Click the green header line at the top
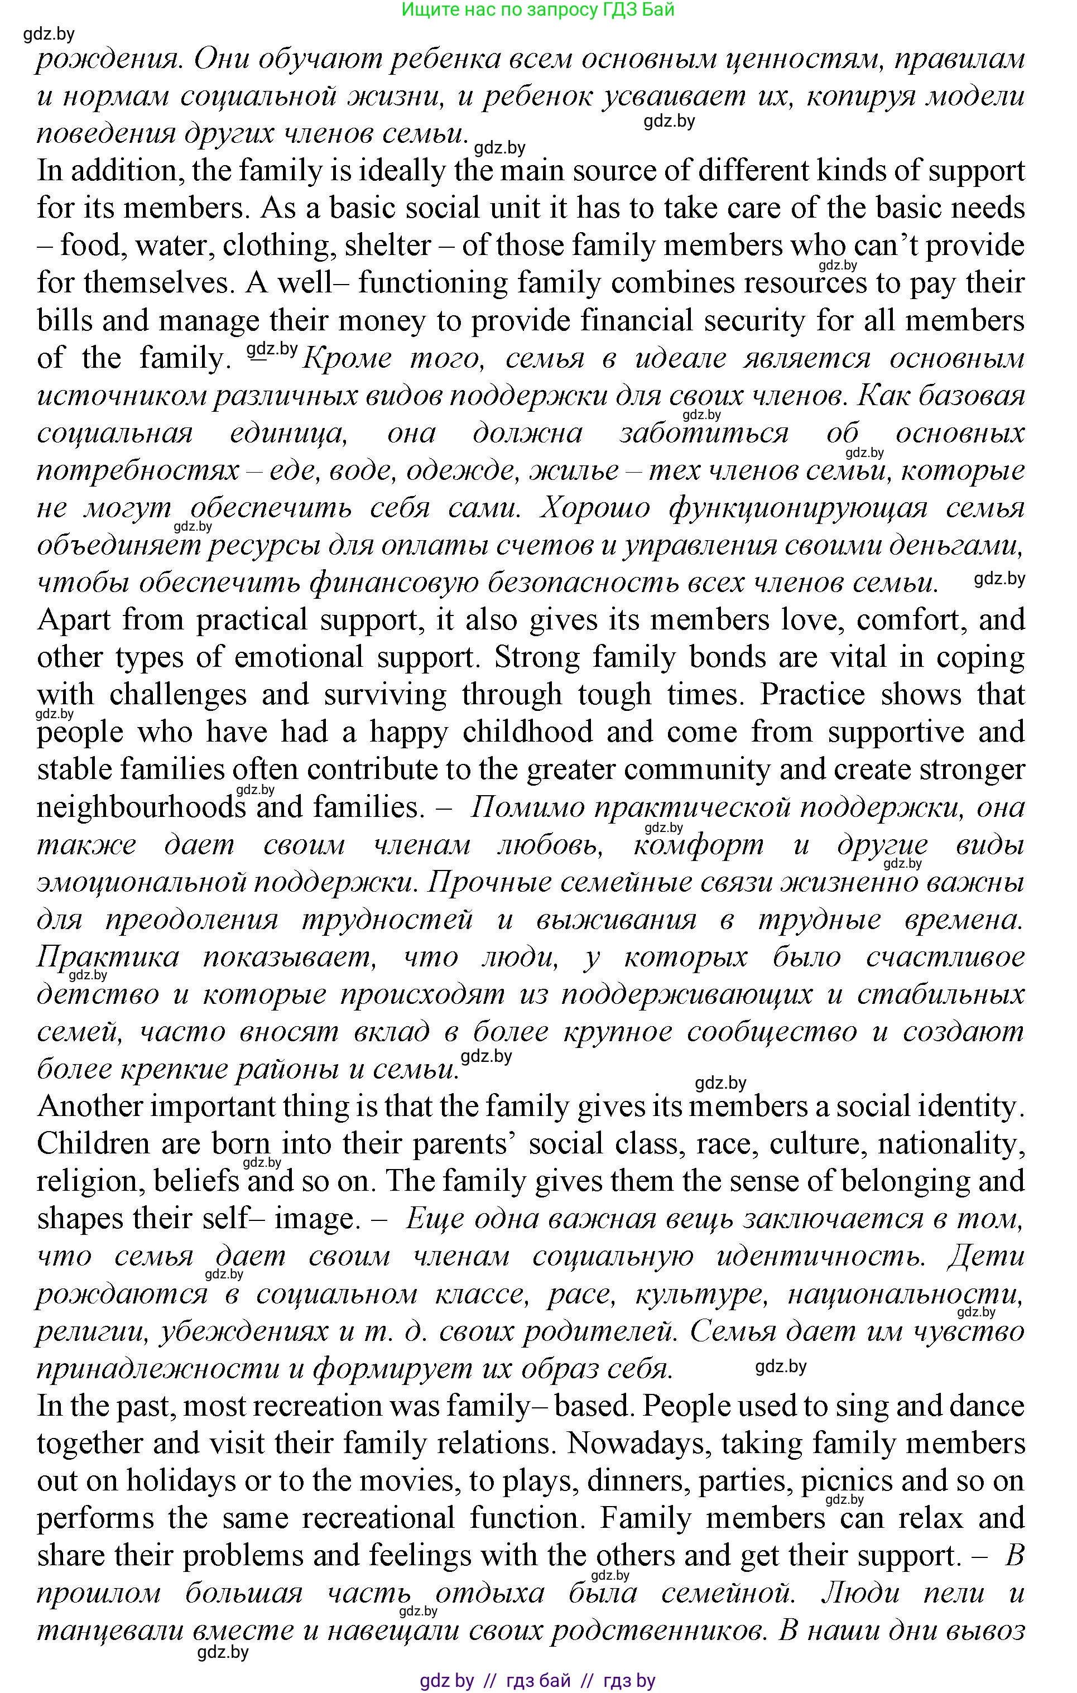(x=538, y=10)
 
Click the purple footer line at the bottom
(x=538, y=1680)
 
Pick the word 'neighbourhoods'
(x=141, y=807)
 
